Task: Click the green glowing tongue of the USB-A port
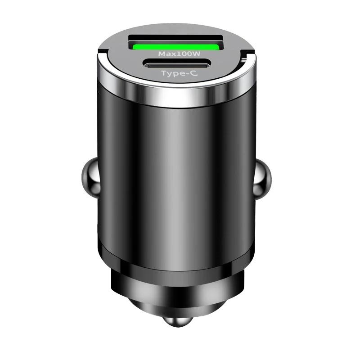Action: point(176,46)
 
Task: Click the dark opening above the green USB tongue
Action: point(176,39)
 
